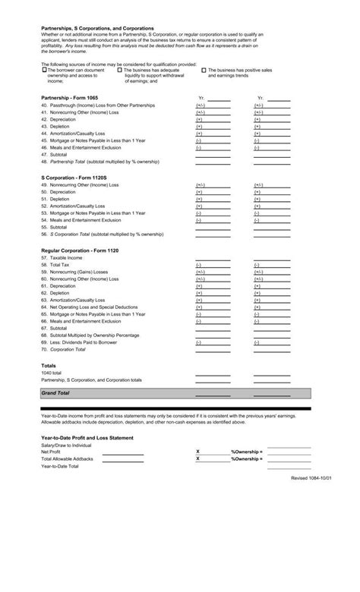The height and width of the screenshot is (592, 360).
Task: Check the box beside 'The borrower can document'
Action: [x=43, y=69]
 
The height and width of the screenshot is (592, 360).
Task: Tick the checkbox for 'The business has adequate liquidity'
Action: [x=119, y=69]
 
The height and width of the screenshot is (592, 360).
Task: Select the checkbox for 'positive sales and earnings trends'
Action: [x=204, y=69]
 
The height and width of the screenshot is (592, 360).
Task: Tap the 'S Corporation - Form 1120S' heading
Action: [x=74, y=177]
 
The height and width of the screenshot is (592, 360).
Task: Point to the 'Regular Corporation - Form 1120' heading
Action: [x=80, y=250]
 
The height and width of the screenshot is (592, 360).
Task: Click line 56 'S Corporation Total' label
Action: [x=98, y=235]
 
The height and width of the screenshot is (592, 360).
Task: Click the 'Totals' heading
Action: [x=49, y=365]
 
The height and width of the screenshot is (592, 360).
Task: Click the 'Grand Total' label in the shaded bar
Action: [x=55, y=393]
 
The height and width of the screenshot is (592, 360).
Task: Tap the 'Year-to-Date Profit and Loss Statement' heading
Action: [x=87, y=437]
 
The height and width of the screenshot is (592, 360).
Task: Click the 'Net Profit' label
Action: [x=50, y=452]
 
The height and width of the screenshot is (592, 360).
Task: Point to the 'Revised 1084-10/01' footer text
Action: [x=311, y=478]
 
